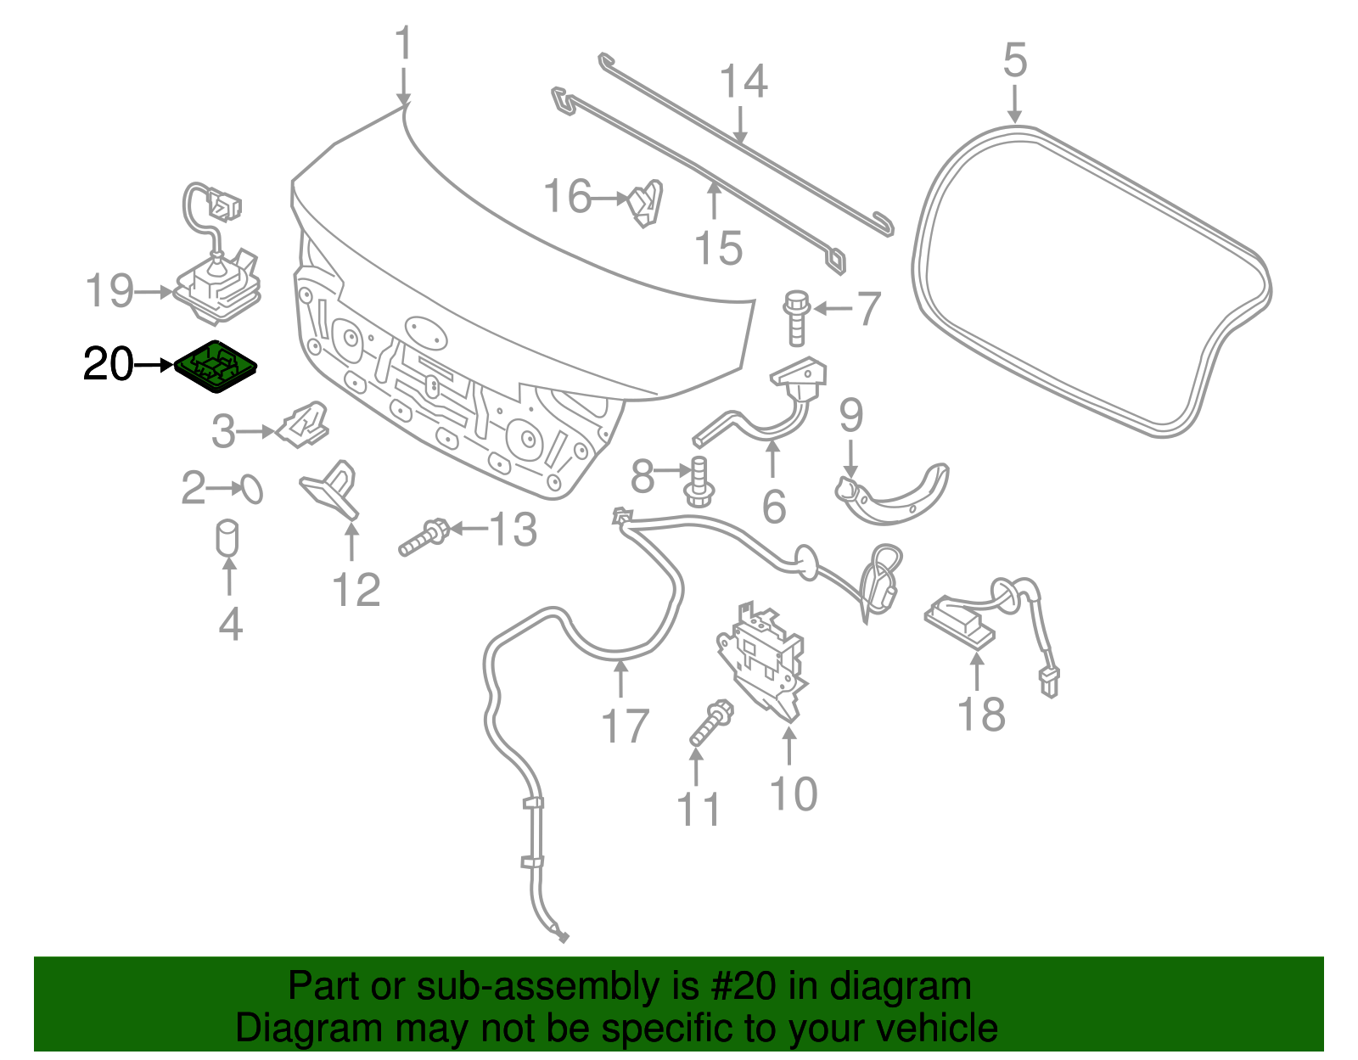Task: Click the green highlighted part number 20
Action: pyautogui.click(x=216, y=366)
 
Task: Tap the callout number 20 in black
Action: pyautogui.click(x=108, y=365)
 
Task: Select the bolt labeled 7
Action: pyautogui.click(x=796, y=317)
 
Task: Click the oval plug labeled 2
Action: pyautogui.click(x=252, y=489)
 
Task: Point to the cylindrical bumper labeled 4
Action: pyautogui.click(x=227, y=539)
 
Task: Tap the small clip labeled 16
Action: pyautogui.click(x=646, y=205)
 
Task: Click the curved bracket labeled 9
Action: pyautogui.click(x=891, y=496)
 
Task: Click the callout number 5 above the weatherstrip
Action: pyautogui.click(x=1015, y=61)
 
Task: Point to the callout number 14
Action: pyautogui.click(x=743, y=81)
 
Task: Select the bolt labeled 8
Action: pyautogui.click(x=699, y=480)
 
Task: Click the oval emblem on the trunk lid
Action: pyautogui.click(x=425, y=331)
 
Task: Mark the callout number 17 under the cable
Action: pyautogui.click(x=625, y=726)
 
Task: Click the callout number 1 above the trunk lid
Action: pyautogui.click(x=403, y=44)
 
